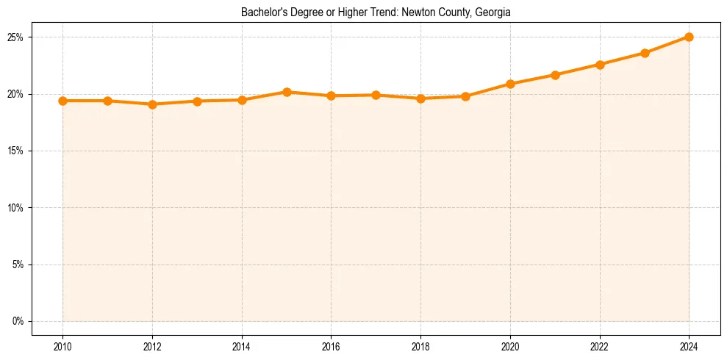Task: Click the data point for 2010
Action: pos(63,101)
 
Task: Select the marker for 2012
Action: pos(152,104)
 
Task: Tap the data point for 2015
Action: pos(287,92)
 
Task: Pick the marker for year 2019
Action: pos(465,96)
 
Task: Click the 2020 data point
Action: pos(510,84)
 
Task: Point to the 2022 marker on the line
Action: pos(600,65)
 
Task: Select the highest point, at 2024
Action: pos(689,37)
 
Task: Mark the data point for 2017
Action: pos(376,95)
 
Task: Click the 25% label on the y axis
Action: pos(17,37)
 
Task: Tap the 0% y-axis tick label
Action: pos(19,321)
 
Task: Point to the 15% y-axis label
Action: pos(17,151)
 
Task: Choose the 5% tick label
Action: pos(19,264)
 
